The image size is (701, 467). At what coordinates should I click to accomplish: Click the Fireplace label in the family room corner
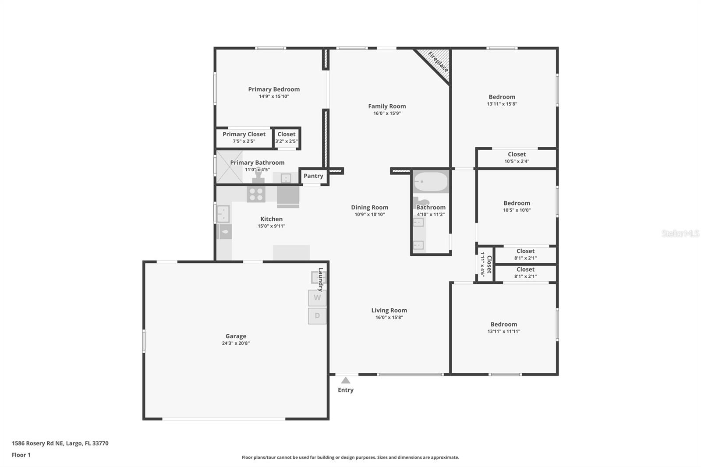438,62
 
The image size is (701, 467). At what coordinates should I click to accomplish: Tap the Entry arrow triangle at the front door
346,380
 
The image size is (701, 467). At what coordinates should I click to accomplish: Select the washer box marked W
317,298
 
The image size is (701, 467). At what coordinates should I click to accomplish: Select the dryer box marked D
317,316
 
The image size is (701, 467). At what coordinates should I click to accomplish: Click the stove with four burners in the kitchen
256,194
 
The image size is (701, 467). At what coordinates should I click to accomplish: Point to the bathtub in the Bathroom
431,181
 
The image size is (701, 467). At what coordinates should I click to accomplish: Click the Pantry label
313,176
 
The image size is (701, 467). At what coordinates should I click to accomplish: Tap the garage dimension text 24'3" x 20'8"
236,343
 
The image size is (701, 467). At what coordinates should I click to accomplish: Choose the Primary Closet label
244,134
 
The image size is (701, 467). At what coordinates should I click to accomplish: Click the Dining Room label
369,208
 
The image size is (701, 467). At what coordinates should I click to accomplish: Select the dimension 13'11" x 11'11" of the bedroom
504,332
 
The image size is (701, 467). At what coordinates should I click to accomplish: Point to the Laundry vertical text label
320,279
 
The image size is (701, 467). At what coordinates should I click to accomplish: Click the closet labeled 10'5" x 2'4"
517,158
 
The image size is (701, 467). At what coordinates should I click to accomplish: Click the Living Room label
389,311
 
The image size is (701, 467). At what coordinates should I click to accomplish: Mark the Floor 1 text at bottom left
21,455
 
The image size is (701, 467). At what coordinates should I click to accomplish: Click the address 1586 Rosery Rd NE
60,443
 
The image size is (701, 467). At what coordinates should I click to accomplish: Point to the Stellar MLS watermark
680,233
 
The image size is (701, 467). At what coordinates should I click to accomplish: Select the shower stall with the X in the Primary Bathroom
229,167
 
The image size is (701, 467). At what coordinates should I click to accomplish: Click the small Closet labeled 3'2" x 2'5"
287,138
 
